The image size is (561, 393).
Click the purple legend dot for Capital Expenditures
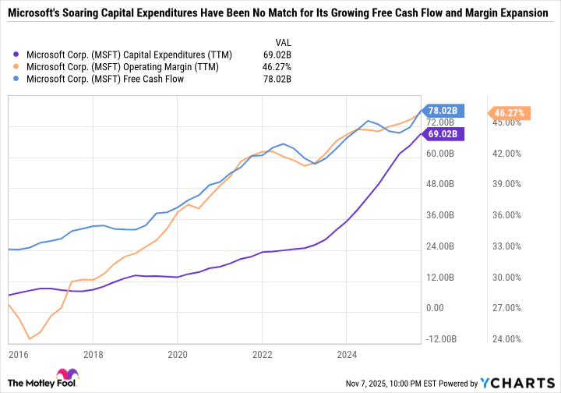coord(17,55)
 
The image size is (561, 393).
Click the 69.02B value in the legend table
coord(277,55)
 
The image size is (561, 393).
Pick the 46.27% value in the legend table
coord(277,66)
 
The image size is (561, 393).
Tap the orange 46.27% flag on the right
coord(510,113)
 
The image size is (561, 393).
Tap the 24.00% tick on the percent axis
coord(508,339)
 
